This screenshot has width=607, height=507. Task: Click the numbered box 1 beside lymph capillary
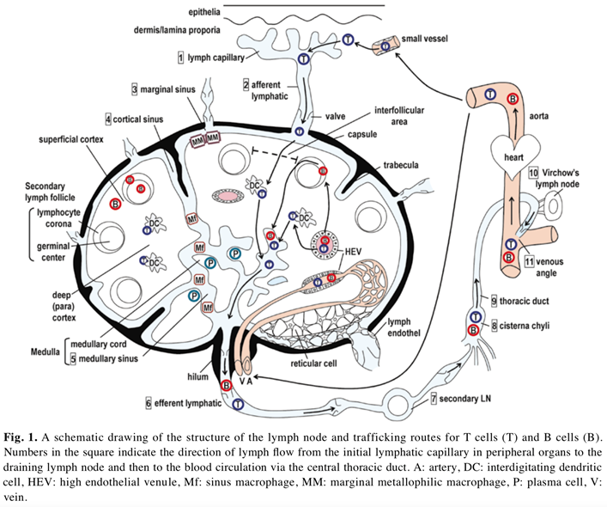tap(181, 58)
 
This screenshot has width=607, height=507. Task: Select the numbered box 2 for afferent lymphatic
tap(246, 85)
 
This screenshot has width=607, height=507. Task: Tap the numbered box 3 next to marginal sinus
tap(136, 89)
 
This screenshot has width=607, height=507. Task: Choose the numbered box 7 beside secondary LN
tap(434, 400)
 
